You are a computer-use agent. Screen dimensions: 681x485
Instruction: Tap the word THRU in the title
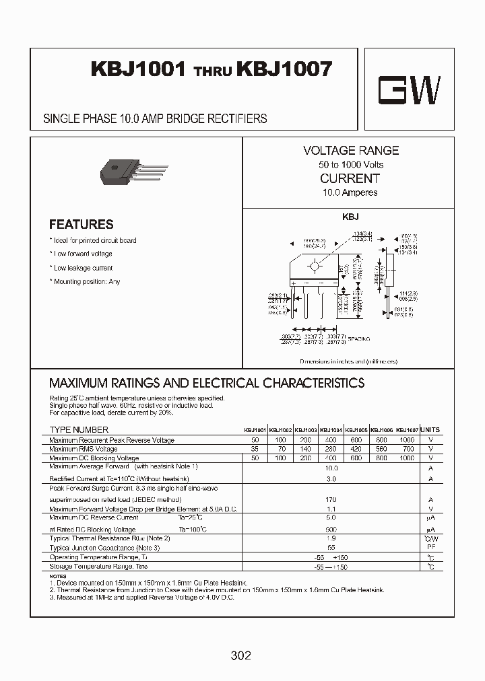click(212, 71)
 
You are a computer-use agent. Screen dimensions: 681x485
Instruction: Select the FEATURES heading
click(81, 224)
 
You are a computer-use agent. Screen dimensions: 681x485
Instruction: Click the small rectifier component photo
click(132, 169)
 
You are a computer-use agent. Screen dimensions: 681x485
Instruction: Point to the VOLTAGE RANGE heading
click(350, 151)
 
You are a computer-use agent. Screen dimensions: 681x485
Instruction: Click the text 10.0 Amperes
click(350, 192)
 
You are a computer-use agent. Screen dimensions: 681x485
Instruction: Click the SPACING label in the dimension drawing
click(359, 339)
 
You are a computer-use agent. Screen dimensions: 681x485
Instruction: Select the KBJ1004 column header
click(331, 430)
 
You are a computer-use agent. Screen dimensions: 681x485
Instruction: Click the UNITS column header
click(430, 429)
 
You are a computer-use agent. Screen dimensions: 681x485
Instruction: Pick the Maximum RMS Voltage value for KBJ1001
click(255, 449)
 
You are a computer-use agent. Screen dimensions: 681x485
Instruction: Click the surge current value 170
click(331, 500)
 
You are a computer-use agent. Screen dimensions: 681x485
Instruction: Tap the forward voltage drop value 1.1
click(331, 509)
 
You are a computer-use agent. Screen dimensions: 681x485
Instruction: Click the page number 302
click(240, 655)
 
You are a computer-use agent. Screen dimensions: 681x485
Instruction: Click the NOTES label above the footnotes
click(59, 576)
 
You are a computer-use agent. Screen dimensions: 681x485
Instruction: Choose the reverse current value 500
click(331, 529)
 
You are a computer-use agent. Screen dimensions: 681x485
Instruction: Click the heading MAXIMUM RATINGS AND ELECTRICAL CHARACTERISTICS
click(207, 384)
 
